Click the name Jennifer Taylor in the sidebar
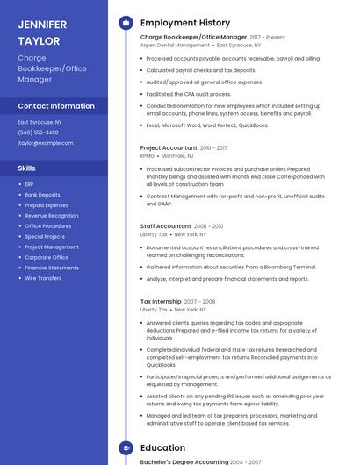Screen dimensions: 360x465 coord(42,32)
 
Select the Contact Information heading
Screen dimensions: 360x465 coord(56,105)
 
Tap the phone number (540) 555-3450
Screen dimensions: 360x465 coord(38,132)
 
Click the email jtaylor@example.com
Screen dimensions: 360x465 coord(46,142)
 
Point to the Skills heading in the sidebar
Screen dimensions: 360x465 coord(27,167)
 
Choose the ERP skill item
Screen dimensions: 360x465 coord(29,184)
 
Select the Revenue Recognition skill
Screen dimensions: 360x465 coord(51,215)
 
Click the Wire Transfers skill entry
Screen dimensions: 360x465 coord(43,278)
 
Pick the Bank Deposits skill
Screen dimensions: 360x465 coord(42,195)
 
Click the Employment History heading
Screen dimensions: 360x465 coord(185,23)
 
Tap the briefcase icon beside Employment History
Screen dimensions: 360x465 coord(126,23)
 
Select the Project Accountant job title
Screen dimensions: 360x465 coord(169,148)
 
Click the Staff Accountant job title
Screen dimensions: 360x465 coord(165,226)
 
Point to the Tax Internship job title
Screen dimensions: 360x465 coord(162,301)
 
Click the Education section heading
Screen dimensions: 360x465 coord(162,447)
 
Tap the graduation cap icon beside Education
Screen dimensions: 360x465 coord(126,447)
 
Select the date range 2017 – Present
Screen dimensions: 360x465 coord(268,38)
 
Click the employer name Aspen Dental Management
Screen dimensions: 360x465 coord(175,45)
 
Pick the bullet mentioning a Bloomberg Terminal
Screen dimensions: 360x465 coord(231,267)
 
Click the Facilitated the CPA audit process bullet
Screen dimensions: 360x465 coord(189,93)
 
